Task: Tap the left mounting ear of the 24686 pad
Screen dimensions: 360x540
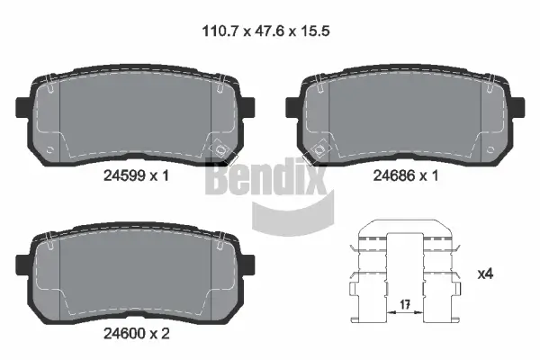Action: point(292,106)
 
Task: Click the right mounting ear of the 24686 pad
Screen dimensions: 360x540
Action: point(512,106)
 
